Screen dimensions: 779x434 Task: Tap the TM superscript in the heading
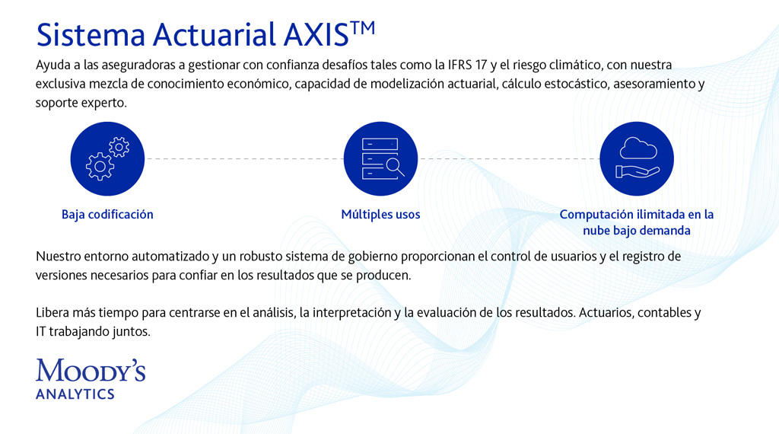point(363,28)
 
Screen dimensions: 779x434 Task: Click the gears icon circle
point(107,158)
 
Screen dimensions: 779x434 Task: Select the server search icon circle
point(380,158)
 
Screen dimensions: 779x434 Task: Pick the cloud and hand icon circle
point(637,158)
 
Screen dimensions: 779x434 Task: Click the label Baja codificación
point(107,214)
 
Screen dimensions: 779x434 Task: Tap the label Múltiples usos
point(380,214)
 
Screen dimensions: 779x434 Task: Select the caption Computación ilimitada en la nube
point(637,222)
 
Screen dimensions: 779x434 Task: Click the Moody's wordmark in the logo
point(91,371)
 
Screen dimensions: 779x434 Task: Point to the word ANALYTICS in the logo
point(75,394)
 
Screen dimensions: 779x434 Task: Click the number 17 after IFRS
point(481,65)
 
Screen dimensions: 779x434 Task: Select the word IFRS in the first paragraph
point(459,65)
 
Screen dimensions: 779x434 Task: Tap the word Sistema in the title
point(91,35)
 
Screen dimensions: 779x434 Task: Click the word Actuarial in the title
point(214,35)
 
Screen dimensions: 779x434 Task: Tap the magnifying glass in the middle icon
point(396,167)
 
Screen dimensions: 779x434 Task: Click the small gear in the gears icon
point(119,147)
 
